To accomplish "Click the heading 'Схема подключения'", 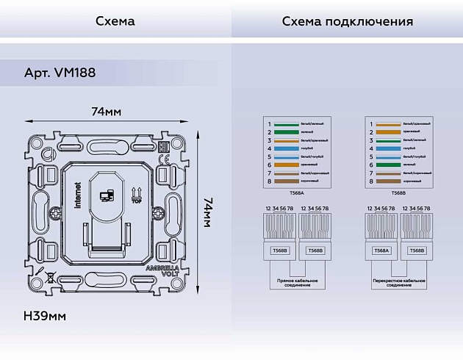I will (x=347, y=21).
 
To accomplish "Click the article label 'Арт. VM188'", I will (x=60, y=73).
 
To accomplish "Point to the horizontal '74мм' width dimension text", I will (x=106, y=112).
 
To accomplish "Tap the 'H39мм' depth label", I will (x=45, y=316).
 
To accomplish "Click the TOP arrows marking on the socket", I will (x=135, y=195).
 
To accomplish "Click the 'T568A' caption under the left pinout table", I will (x=296, y=192).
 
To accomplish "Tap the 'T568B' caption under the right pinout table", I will (x=398, y=192).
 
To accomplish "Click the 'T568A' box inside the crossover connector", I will (x=381, y=250).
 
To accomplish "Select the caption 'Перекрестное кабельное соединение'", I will (x=398, y=283).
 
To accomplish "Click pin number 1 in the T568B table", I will (x=372, y=123).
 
